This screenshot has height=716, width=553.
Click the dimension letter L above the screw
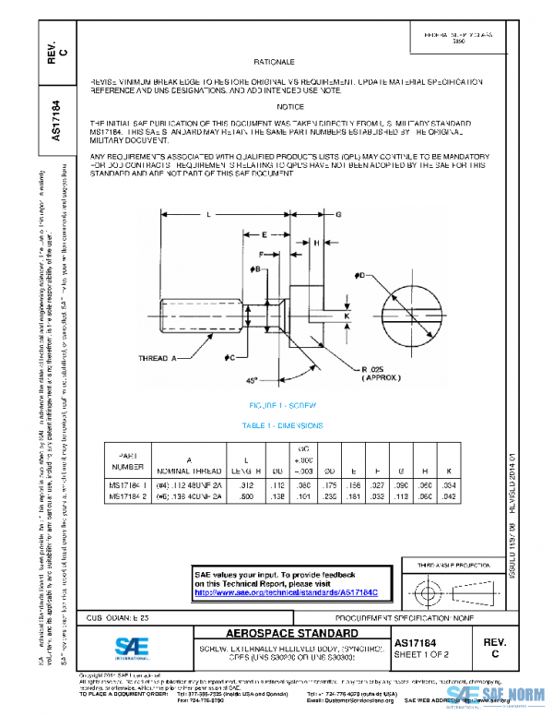click(209, 214)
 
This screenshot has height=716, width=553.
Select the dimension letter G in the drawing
click(338, 214)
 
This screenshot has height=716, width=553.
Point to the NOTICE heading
click(289, 107)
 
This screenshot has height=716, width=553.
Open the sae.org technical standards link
click(278, 593)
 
